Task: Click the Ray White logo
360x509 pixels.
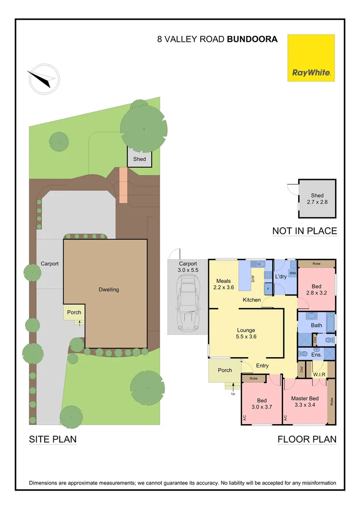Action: tap(311, 57)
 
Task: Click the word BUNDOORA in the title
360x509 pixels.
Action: tap(252, 40)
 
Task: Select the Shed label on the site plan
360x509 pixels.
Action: tap(139, 159)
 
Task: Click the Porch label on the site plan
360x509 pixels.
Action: tap(74, 312)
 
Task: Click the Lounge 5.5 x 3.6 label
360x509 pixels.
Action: tap(246, 334)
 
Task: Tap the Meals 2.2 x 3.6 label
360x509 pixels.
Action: tap(223, 284)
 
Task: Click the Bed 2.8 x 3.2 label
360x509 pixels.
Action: tap(316, 289)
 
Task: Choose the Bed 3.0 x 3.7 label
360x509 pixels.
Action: tap(262, 403)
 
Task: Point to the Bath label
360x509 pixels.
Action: tap(316, 325)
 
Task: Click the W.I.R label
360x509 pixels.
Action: tap(319, 375)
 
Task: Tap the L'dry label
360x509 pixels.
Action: tap(281, 276)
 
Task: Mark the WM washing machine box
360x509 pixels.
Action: tap(292, 273)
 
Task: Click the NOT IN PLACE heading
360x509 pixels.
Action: tap(304, 231)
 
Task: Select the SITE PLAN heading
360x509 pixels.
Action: tap(53, 439)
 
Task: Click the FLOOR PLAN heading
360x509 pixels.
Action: tap(307, 439)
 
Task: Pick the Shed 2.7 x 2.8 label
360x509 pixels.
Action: tap(317, 198)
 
